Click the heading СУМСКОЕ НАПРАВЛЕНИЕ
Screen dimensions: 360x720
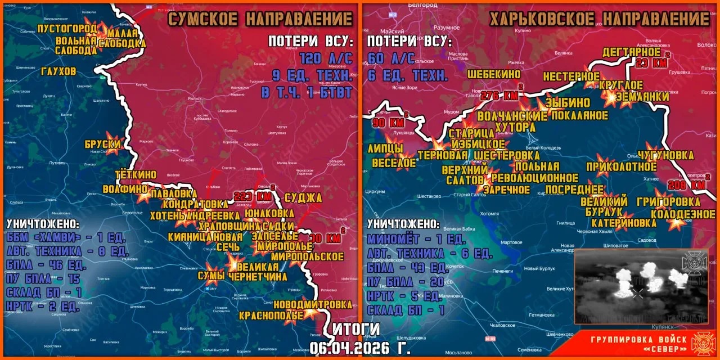(260, 19)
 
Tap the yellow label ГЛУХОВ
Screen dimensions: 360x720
(58, 71)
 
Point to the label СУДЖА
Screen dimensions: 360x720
(303, 197)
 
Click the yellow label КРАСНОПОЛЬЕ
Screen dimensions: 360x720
(271, 316)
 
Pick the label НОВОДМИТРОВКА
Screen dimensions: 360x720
(313, 304)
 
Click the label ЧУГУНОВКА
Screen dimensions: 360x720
(665, 155)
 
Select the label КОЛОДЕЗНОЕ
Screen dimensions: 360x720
(676, 214)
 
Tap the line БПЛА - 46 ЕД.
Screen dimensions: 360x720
(46, 265)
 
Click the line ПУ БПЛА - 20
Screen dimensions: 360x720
(405, 282)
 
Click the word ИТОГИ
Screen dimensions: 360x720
(356, 329)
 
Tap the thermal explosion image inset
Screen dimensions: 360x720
(641, 286)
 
